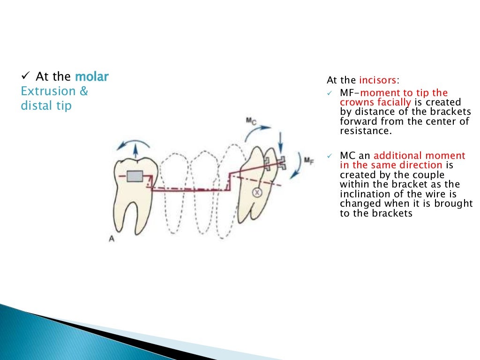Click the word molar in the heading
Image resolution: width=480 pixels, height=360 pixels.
[91, 76]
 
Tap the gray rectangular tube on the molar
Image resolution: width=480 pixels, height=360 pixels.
[135, 176]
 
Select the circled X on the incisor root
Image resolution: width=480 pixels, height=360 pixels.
[257, 192]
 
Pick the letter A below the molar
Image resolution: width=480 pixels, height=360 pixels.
[112, 239]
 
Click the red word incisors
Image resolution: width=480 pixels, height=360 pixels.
[378, 81]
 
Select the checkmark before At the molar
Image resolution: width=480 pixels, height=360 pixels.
[25, 76]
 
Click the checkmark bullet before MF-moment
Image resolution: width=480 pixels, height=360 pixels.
[330, 93]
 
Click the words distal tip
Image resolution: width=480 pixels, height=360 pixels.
[46, 106]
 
